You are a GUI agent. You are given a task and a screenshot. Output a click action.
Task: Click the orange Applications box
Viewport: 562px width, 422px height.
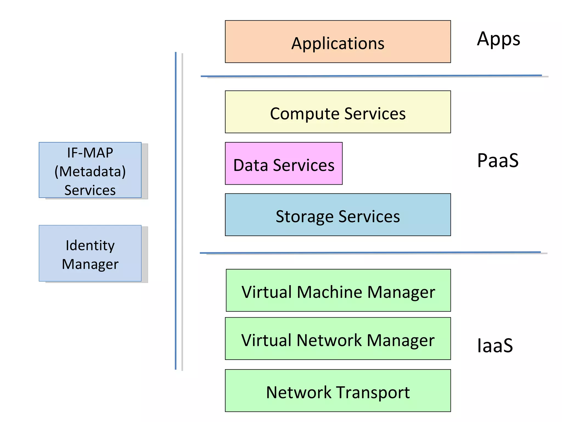click(x=338, y=41)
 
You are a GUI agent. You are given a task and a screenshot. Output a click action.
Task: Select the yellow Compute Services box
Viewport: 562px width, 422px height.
click(x=338, y=112)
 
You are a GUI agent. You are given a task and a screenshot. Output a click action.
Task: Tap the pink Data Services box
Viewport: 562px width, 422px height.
click(x=283, y=163)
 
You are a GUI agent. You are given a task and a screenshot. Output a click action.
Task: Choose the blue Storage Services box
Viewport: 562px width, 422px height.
click(x=338, y=215)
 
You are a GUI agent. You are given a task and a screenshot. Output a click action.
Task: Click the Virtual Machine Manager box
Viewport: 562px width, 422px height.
click(x=338, y=290)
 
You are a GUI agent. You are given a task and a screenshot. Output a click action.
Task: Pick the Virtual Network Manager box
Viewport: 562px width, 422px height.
click(x=338, y=338)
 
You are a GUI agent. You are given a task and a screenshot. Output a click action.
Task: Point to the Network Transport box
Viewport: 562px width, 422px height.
click(x=338, y=390)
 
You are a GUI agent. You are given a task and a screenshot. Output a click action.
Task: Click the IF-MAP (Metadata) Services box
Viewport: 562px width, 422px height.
click(x=90, y=170)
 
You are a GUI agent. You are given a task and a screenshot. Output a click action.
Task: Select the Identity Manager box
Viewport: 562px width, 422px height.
click(x=90, y=253)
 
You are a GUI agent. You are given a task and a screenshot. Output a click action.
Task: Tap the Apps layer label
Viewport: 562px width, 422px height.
click(x=498, y=39)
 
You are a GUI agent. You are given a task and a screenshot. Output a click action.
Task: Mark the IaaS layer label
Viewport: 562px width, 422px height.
click(x=495, y=345)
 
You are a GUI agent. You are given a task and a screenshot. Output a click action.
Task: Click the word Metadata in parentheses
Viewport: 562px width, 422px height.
click(x=90, y=171)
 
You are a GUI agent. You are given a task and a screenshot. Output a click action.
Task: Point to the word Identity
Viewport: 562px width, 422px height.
click(x=90, y=245)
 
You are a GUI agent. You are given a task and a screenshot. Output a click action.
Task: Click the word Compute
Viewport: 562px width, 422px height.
click(x=305, y=114)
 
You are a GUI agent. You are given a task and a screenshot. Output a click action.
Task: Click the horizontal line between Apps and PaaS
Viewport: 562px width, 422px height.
click(x=370, y=76)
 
